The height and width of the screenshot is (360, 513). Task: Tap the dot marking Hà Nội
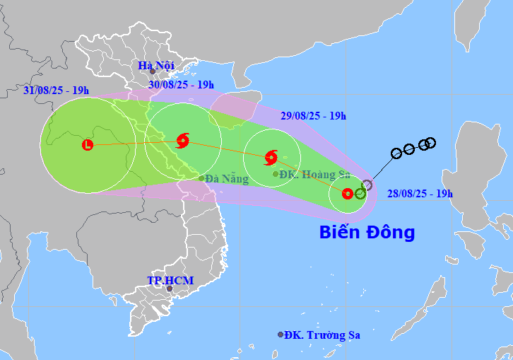click(x=152, y=72)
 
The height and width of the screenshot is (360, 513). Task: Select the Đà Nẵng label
click(x=227, y=179)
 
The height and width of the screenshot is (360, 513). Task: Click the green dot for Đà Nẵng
click(x=201, y=178)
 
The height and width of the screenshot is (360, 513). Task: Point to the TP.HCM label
click(x=170, y=281)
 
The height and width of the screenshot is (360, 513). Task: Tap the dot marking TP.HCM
click(x=169, y=289)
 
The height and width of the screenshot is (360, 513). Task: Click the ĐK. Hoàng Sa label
click(x=308, y=174)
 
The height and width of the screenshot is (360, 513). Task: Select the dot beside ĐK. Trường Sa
click(x=281, y=335)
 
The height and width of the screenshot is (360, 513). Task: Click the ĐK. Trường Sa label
click(x=322, y=335)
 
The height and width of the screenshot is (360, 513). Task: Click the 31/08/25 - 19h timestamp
click(x=56, y=90)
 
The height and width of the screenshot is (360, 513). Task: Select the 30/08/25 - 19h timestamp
click(x=181, y=85)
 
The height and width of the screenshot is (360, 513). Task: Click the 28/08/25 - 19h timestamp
click(x=420, y=193)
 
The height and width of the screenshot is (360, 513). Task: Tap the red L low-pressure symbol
click(x=88, y=145)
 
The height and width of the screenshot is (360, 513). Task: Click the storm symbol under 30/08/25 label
click(x=183, y=139)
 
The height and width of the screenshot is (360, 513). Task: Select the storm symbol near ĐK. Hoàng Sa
click(x=271, y=157)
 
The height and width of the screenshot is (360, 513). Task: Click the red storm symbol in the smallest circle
click(x=347, y=194)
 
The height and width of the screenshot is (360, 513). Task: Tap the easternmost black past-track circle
click(x=430, y=143)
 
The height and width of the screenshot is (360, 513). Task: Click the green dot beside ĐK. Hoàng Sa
click(x=276, y=174)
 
